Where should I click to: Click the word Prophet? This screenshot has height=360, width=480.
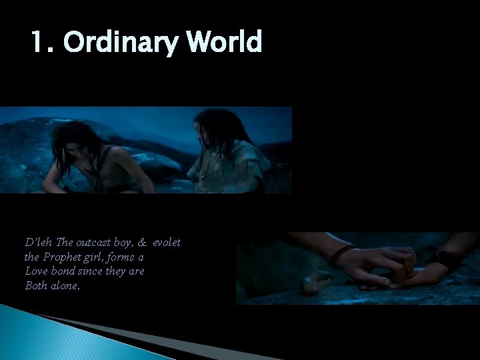click(61, 257)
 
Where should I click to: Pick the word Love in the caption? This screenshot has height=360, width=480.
click(35, 271)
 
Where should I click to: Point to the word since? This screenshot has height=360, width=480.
click(91, 271)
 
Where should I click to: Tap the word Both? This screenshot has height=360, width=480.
click(35, 285)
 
